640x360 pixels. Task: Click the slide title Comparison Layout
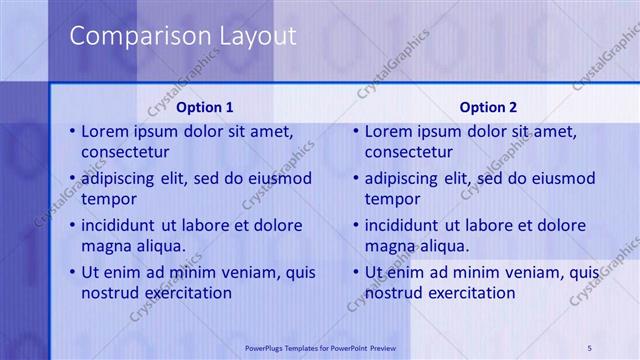pos(182,37)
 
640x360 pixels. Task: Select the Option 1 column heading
pos(205,107)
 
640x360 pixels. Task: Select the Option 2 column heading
pos(489,107)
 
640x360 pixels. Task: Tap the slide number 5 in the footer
pos(590,347)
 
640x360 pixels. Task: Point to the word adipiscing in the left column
pos(123,179)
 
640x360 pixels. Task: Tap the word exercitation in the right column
pos(469,293)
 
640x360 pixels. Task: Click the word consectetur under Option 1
pos(125,153)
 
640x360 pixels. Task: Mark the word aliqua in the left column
pos(159,246)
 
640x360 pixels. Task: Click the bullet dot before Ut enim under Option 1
pos(72,272)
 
